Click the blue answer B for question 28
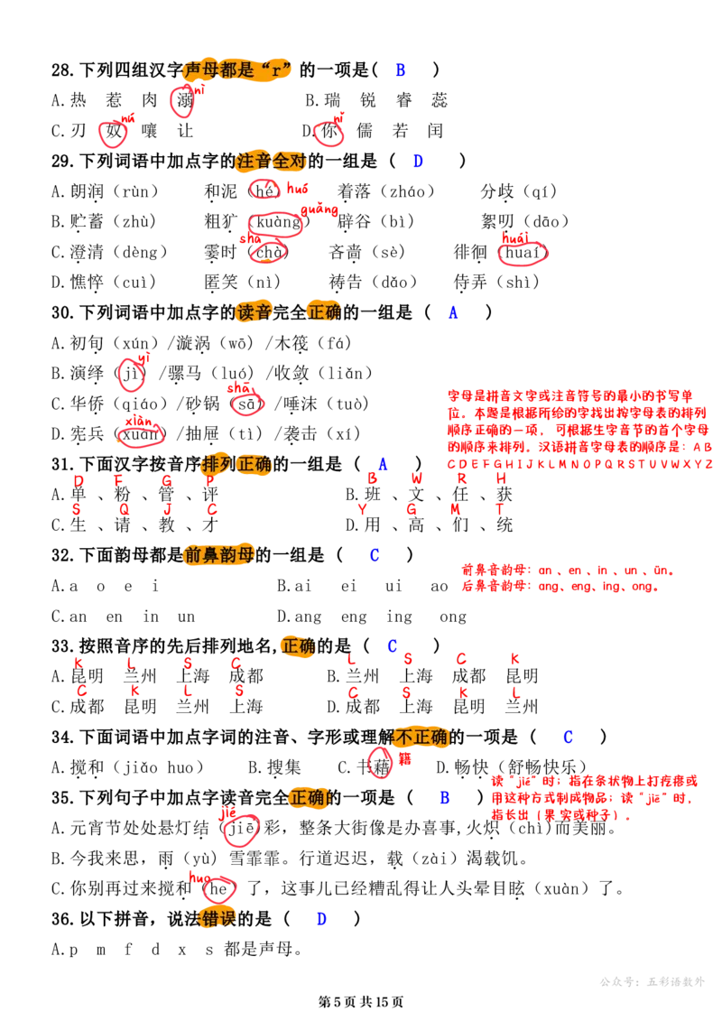[401, 70]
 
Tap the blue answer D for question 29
[418, 161]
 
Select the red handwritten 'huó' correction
[297, 189]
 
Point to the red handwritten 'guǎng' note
[319, 210]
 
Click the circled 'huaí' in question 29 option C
[523, 253]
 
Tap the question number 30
[62, 313]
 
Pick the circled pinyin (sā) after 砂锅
[247, 404]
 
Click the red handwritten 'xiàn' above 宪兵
[139, 422]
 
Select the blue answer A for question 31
[383, 464]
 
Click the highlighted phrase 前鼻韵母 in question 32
[219, 555]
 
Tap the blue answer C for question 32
[374, 555]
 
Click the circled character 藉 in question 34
[381, 766]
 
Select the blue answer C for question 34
[568, 738]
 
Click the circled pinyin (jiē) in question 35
[240, 829]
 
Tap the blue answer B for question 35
[445, 798]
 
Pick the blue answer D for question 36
[321, 919]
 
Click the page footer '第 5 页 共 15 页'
[361, 1002]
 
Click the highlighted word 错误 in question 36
[218, 919]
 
